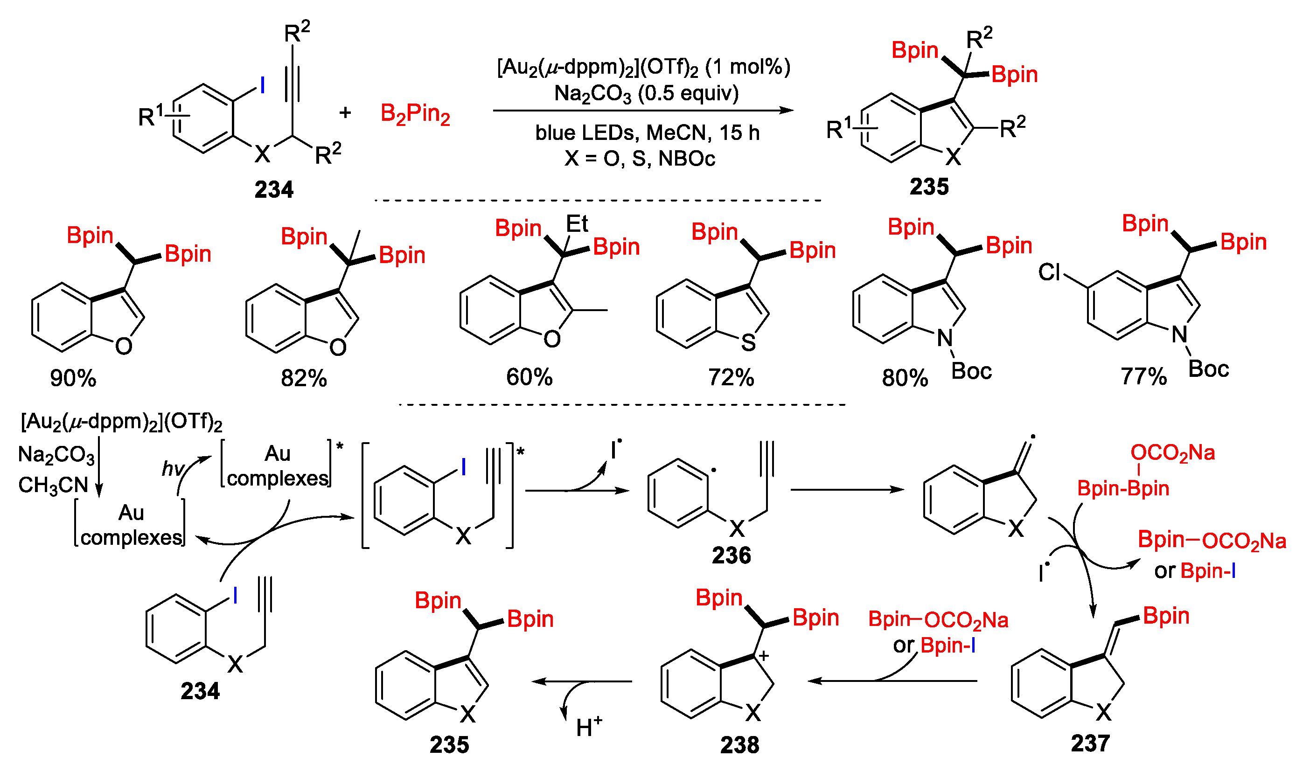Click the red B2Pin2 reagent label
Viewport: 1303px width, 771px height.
(415, 114)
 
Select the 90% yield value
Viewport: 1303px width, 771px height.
(73, 378)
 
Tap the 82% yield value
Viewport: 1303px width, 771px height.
(304, 378)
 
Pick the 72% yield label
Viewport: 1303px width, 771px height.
(731, 377)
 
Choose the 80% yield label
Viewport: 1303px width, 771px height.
(905, 378)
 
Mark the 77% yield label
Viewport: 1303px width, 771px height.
(1143, 376)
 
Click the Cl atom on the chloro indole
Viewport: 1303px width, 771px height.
(1048, 272)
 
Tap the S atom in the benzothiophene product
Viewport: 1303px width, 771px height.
(748, 342)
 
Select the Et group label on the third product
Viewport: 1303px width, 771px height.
(577, 224)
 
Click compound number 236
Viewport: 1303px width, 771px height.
(731, 556)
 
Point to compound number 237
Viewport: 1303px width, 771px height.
(1090, 743)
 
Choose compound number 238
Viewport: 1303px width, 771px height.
(739, 744)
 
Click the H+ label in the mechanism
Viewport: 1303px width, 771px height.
(589, 727)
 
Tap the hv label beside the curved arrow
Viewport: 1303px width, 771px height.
(173, 468)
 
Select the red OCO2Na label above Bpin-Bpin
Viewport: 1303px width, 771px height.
(1172, 452)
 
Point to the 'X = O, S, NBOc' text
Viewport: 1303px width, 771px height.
(640, 158)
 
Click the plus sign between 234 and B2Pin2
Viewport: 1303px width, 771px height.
(345, 112)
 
